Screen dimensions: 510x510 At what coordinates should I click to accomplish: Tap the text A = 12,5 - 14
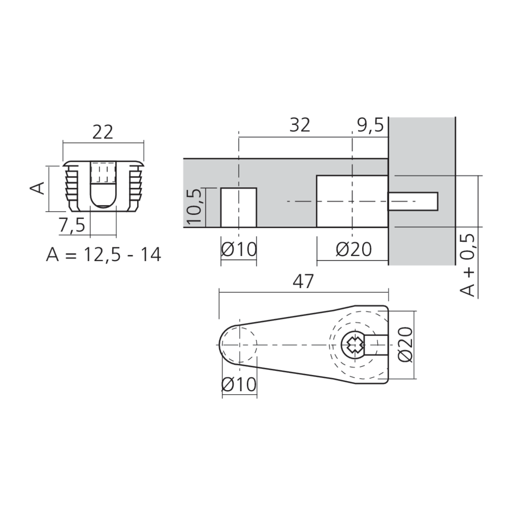click(104, 254)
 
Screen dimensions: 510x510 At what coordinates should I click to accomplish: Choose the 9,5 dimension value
click(370, 125)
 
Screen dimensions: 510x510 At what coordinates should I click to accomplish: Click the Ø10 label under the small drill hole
click(239, 249)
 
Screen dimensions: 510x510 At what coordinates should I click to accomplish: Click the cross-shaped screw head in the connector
click(353, 345)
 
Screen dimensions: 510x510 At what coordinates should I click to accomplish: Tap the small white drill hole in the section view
click(238, 207)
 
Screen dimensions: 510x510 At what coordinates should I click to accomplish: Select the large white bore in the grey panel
click(352, 201)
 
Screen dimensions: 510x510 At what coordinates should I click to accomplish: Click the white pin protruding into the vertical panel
click(413, 201)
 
